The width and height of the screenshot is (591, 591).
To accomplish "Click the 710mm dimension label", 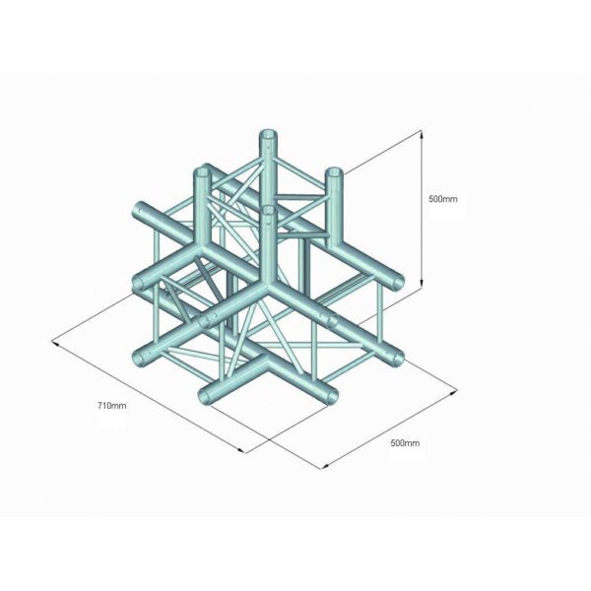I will point(112,405).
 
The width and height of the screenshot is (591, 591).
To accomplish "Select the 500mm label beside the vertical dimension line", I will point(443,198).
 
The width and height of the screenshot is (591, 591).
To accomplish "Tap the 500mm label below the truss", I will point(405,443).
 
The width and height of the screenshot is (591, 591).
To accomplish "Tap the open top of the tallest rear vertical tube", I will point(267,134).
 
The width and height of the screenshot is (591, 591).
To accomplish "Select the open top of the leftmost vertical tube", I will point(204,170).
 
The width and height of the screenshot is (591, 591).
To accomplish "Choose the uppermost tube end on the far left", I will point(140,212).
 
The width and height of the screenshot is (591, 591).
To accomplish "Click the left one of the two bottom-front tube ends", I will point(206,395).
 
